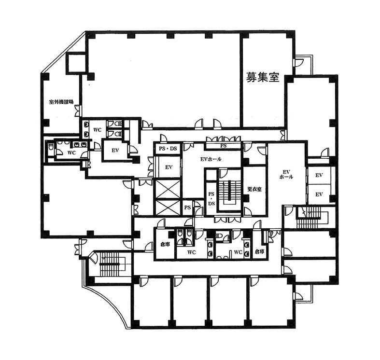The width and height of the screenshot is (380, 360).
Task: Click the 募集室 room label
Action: point(263,77)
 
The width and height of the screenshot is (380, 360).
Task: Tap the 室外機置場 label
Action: point(61,102)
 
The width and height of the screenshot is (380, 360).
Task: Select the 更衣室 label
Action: point(254,189)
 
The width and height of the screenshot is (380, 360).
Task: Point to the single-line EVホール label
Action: point(211,159)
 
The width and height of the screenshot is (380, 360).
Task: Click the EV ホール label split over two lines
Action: point(286,174)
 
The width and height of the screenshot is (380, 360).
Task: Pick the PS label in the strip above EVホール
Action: point(224,146)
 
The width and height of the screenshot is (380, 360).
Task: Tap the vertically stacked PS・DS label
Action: point(211,199)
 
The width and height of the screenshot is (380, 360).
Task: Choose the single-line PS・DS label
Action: point(168,149)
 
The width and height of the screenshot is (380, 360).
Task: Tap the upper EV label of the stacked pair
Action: point(319,175)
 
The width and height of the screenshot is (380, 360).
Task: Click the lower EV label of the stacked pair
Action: point(319,194)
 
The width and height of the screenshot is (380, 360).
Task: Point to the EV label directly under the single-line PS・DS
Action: point(169,167)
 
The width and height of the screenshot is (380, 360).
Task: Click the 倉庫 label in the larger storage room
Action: point(165,245)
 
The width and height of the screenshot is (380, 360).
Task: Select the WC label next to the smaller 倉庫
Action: point(238,252)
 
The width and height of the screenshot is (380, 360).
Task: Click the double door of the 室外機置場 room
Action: point(78,111)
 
